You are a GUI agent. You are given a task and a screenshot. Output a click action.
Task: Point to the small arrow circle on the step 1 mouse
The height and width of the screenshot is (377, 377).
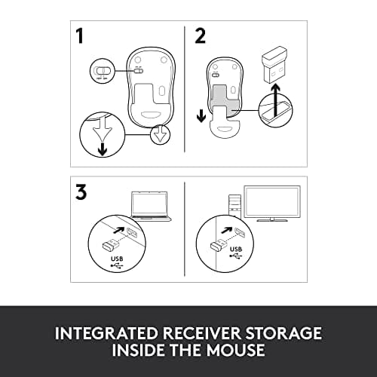coord(160,136)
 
